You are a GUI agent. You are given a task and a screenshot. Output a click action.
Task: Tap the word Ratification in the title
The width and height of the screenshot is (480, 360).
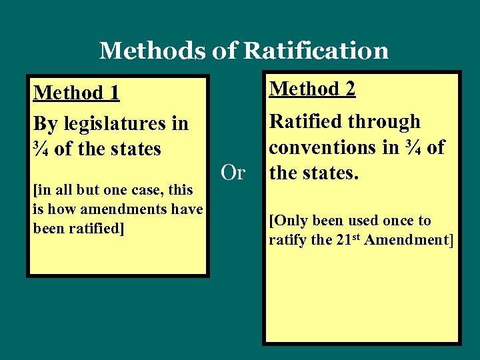tap(317, 51)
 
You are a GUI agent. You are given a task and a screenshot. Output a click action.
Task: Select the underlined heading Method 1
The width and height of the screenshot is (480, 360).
tap(76, 93)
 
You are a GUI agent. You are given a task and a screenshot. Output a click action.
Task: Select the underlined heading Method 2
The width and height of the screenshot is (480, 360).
tap(312, 88)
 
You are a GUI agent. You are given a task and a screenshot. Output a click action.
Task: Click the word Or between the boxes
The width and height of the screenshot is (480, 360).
tap(233, 173)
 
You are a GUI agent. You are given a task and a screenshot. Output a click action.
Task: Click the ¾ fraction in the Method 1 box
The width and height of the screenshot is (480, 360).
tap(41, 149)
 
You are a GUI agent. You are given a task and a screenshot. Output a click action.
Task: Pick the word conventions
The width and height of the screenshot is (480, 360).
tap(323, 147)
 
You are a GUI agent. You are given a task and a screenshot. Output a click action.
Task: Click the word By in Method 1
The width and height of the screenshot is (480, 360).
tap(44, 124)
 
